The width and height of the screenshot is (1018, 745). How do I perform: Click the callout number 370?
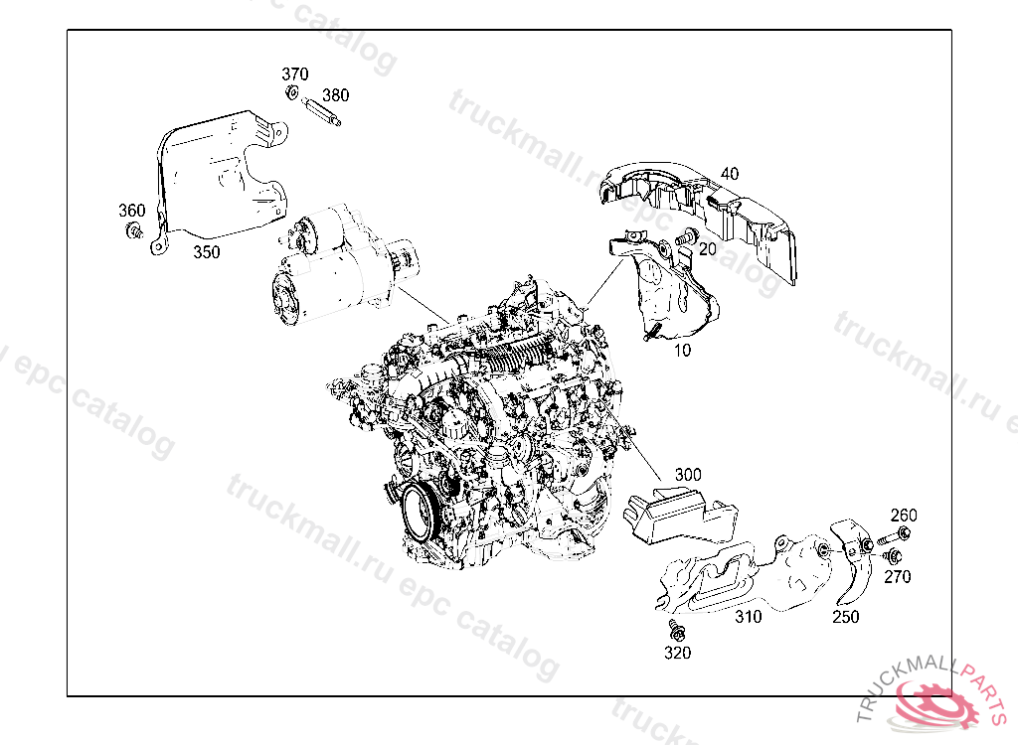[x=294, y=74]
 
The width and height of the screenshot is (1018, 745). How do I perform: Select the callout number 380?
[x=336, y=95]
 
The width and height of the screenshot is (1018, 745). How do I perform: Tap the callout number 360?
[x=132, y=211]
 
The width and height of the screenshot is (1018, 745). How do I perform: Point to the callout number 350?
[x=207, y=251]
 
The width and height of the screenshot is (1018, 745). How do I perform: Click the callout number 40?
[x=730, y=173]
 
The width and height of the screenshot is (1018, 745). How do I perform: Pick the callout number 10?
[x=682, y=351]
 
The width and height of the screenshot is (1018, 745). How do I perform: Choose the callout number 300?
[x=688, y=475]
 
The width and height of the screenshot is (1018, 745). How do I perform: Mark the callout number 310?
[x=748, y=617]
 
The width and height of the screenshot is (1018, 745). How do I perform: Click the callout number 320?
[x=677, y=653]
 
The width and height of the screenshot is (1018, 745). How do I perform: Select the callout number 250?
[x=845, y=617]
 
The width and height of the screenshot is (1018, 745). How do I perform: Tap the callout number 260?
[x=903, y=516]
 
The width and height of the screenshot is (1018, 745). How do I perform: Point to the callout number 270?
[x=898, y=576]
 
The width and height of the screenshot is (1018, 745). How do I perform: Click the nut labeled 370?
[x=292, y=91]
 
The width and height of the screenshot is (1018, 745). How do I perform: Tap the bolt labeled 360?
[x=134, y=230]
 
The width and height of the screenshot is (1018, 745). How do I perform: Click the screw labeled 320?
[x=676, y=630]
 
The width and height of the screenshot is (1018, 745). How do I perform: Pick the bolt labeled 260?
[x=894, y=537]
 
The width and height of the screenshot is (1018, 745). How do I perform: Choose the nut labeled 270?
[x=893, y=555]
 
